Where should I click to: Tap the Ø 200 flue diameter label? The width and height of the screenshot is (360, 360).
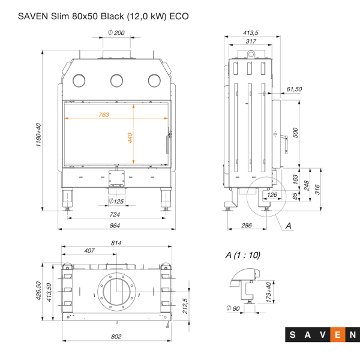pos(116,32)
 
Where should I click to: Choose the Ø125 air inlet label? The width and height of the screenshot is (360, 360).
pos(116,201)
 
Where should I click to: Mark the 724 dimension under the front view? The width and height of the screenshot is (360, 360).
pos(115,214)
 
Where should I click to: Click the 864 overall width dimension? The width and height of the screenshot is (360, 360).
pos(115,226)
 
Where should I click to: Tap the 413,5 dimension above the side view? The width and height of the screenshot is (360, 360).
pos(250,32)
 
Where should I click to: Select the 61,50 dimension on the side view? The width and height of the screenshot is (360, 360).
pos(294,89)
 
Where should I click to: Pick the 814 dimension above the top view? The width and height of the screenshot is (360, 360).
pos(116,243)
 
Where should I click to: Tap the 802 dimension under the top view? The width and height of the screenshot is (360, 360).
pos(116,336)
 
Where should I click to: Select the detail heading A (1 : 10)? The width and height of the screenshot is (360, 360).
pos(243,255)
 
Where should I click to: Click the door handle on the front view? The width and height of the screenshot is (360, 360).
pos(167,145)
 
